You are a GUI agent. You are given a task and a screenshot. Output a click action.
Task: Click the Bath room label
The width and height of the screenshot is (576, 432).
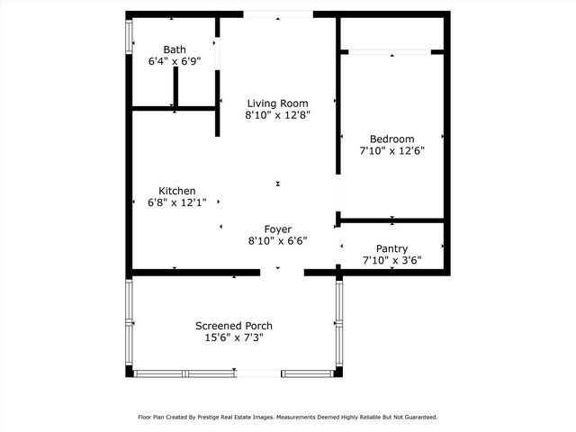click(x=175, y=49)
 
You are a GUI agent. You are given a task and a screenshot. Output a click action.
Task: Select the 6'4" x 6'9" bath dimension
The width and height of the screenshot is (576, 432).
click(x=175, y=62)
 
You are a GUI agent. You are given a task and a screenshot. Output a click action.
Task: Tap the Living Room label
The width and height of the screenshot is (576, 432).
click(x=278, y=103)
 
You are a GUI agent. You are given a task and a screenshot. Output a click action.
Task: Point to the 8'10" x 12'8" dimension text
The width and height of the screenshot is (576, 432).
click(x=278, y=115)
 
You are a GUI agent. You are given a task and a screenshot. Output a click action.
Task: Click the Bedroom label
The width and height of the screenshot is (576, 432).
click(x=391, y=139)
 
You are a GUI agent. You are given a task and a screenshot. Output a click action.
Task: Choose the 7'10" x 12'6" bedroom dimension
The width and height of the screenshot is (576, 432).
click(x=391, y=151)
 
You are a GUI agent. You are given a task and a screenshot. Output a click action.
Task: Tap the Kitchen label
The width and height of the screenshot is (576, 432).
click(x=177, y=191)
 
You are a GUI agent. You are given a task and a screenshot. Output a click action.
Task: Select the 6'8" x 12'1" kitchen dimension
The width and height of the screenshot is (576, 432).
click(x=177, y=203)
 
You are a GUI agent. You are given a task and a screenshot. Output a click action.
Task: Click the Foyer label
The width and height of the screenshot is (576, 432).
click(x=278, y=229)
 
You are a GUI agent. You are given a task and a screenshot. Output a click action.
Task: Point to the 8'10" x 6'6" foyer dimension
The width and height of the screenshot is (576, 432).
click(x=278, y=241)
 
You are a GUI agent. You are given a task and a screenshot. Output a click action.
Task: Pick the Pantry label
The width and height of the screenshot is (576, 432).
click(x=391, y=248)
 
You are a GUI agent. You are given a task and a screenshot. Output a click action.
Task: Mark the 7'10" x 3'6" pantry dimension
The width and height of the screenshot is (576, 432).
click(x=391, y=261)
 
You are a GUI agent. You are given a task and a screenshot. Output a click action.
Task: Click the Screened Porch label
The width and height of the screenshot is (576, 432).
click(x=234, y=326)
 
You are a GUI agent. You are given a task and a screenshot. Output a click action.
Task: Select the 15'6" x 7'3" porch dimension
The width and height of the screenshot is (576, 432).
click(x=234, y=338)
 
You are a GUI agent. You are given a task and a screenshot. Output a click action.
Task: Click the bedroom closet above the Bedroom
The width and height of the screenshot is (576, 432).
click(x=392, y=33)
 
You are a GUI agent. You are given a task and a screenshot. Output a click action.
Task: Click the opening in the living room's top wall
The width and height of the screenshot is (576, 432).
click(x=278, y=14)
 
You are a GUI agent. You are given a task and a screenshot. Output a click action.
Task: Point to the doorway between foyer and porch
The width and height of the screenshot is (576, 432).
click(x=282, y=272)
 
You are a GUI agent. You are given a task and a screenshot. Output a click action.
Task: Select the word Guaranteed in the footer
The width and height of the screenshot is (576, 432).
click(x=418, y=417)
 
